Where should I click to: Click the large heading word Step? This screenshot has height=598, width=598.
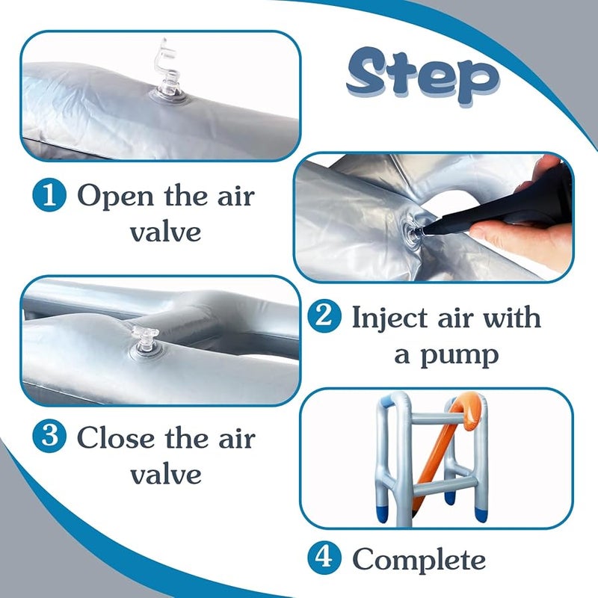[422, 76]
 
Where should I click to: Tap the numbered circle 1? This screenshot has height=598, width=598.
[49, 196]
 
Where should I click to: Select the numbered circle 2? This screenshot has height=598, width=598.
[324, 316]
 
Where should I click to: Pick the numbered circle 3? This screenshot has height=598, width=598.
[49, 436]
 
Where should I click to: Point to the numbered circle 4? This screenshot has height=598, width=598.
[324, 558]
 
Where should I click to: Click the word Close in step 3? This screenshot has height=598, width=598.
[116, 437]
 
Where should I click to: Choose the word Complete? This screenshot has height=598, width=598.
[419, 560]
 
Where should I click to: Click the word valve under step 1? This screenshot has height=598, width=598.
[165, 232]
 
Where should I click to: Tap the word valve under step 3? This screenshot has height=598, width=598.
[165, 474]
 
